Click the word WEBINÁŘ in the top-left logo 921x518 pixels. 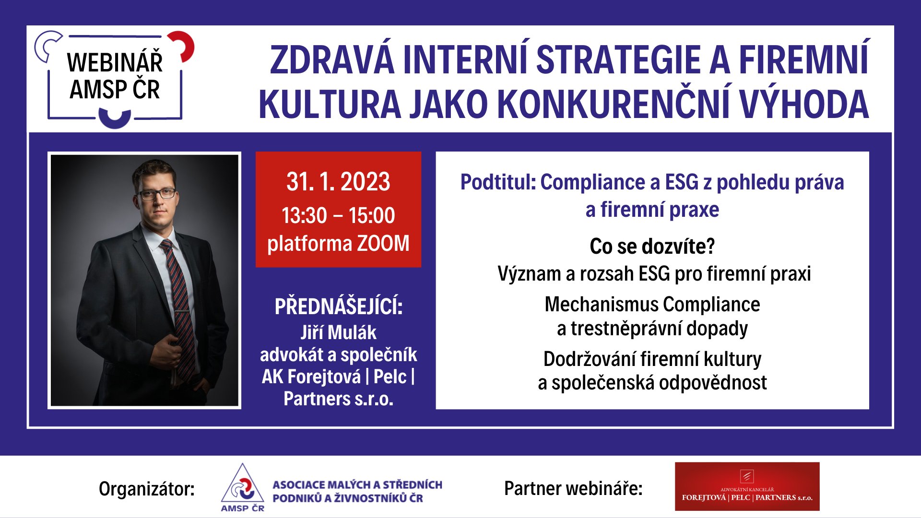(x=115, y=62)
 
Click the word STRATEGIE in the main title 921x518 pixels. (x=618, y=60)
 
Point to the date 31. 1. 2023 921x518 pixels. (x=338, y=182)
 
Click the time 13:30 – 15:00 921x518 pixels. (x=338, y=215)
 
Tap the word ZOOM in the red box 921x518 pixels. (x=383, y=243)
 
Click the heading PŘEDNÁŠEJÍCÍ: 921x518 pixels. (x=339, y=306)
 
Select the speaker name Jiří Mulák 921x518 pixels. (x=339, y=332)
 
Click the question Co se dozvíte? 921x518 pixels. (x=652, y=247)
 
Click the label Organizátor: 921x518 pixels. (x=147, y=489)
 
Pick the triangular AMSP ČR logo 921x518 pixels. (x=243, y=487)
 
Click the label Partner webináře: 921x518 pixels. (x=573, y=488)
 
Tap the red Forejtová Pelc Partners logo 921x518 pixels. (x=747, y=486)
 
